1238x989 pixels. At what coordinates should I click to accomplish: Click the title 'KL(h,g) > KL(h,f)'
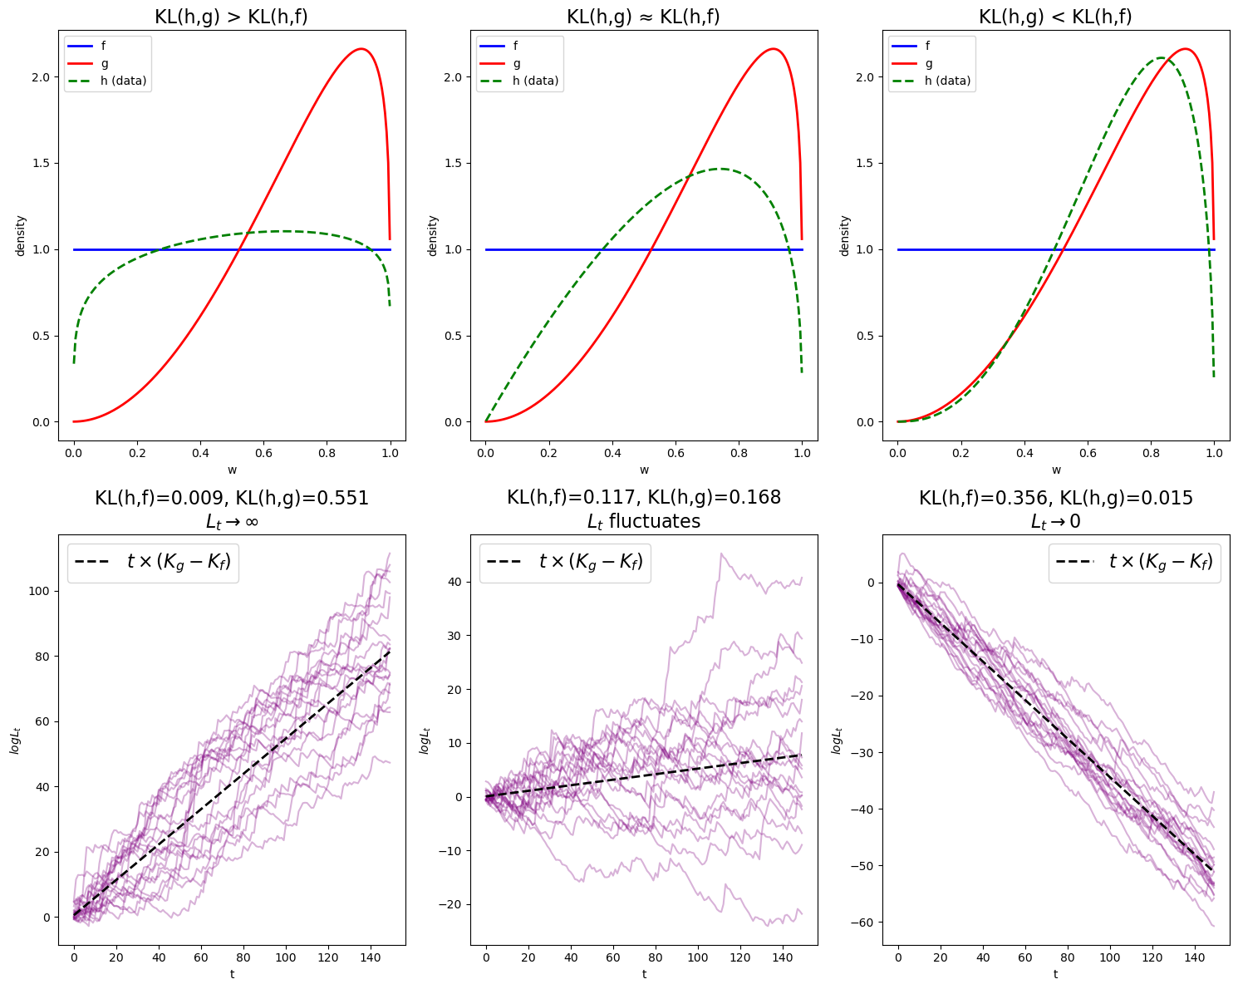coord(231,17)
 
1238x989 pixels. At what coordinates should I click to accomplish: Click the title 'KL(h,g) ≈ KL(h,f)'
coord(643,17)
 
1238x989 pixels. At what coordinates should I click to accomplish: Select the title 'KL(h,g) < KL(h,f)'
coord(1055,17)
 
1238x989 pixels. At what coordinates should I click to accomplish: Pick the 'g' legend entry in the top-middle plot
coord(518,63)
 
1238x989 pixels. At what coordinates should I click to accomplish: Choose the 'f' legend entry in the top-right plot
coord(929,47)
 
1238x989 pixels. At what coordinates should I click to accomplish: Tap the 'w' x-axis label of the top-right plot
coord(1056,470)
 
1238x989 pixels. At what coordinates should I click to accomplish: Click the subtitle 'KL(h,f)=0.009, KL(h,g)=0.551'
coord(231,498)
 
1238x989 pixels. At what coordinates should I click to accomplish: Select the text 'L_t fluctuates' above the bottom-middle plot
coord(643,521)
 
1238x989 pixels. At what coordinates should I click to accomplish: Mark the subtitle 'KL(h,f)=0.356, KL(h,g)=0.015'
coord(1055,498)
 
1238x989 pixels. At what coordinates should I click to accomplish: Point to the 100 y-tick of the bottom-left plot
coord(38,591)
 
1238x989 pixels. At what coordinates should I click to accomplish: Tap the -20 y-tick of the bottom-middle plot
coord(453,904)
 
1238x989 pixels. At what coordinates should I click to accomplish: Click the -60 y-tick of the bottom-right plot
coord(865,923)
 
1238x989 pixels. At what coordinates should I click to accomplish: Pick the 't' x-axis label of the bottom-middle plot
coord(644,974)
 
